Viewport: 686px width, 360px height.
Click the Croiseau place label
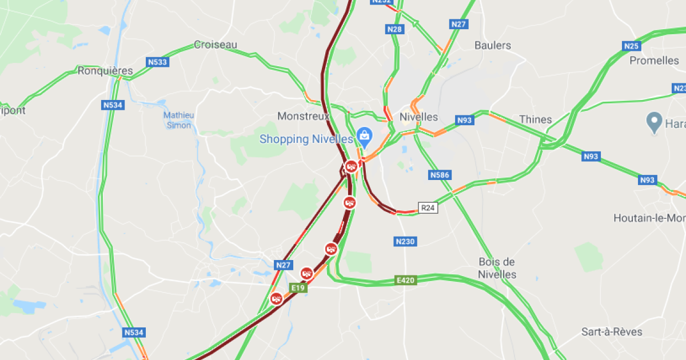(x=215, y=45)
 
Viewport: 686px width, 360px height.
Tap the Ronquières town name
(x=105, y=71)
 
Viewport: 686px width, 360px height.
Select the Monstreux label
(x=303, y=116)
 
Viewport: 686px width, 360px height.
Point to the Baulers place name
(x=493, y=45)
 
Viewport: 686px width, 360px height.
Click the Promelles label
(x=654, y=60)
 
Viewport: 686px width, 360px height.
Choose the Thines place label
(x=535, y=119)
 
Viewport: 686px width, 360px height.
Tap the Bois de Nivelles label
(x=497, y=268)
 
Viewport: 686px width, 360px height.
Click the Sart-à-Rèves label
(x=612, y=332)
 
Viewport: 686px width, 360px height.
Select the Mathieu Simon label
(x=179, y=120)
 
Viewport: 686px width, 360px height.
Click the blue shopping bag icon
(x=362, y=135)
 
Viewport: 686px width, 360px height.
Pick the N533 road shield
(x=158, y=62)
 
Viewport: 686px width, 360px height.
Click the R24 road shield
(x=428, y=208)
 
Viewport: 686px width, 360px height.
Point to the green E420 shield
(x=405, y=281)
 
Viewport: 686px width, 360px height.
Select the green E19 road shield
(x=298, y=288)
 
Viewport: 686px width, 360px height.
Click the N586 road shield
(x=440, y=175)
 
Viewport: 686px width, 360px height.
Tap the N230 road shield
(x=405, y=242)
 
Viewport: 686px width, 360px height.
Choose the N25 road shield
(x=631, y=46)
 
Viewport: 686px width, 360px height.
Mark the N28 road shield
(x=394, y=29)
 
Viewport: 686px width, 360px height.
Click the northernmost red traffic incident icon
(x=351, y=166)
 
